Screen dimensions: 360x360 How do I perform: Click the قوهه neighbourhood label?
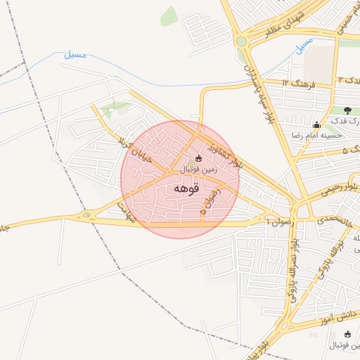tap(186, 188)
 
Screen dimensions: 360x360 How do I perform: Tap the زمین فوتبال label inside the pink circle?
tap(198, 169)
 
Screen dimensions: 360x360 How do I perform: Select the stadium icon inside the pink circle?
tap(198, 158)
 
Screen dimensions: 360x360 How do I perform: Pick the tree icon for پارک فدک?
tap(347, 110)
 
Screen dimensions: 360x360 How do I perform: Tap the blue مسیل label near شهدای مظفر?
tap(304, 47)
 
